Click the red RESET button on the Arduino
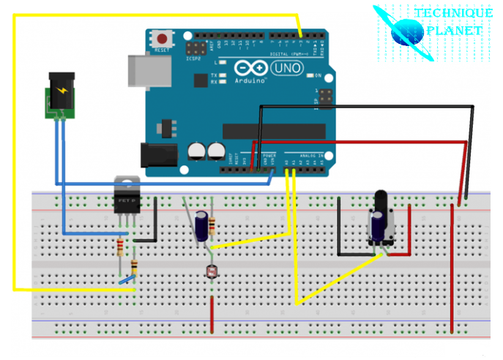160,39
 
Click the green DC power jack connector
59,94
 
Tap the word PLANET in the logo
458,31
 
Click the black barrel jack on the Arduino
158,156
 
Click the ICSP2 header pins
196,50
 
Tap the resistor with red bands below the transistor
120,247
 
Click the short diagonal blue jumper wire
128,279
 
